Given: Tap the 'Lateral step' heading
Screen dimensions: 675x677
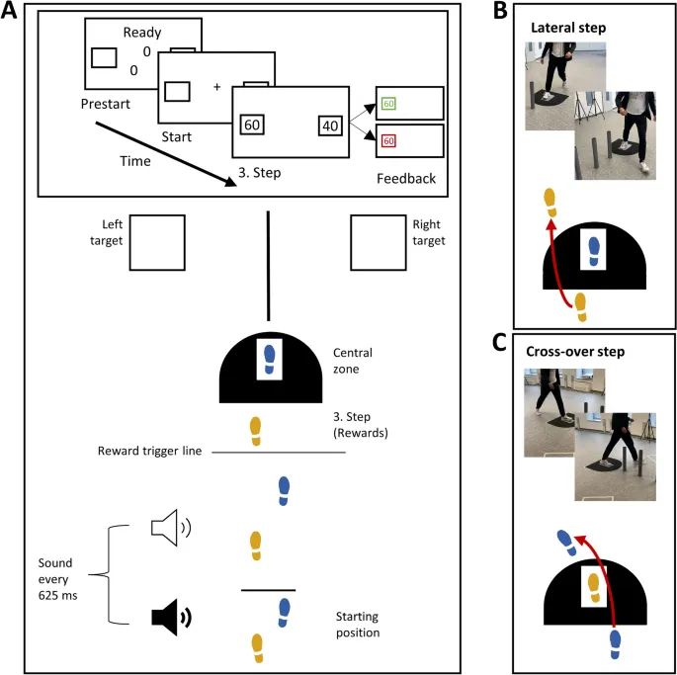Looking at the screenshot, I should coord(569,28).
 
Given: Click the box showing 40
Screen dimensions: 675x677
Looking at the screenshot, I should coord(330,126).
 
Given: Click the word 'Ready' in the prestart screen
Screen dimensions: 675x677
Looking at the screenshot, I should coord(142,33).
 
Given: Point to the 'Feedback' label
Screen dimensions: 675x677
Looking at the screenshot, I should coord(406,178).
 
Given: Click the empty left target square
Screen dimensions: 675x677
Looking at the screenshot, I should coord(155,243).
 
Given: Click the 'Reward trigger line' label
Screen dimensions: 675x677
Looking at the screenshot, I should coord(149,451).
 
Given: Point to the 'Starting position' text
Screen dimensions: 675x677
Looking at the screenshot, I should coord(357,624).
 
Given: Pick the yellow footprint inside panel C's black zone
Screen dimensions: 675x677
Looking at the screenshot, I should coord(593,588).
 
